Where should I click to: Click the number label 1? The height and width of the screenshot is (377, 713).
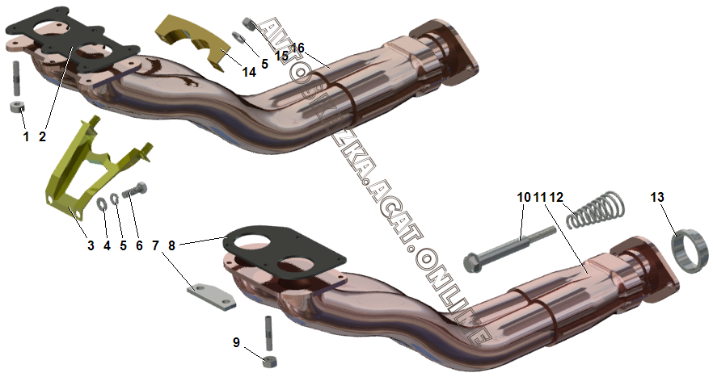(26, 136)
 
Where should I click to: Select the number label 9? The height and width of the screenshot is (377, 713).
(237, 342)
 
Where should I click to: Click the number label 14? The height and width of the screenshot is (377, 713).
(249, 72)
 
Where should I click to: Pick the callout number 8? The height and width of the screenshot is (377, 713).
(171, 244)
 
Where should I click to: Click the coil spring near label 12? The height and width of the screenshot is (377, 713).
(594, 210)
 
